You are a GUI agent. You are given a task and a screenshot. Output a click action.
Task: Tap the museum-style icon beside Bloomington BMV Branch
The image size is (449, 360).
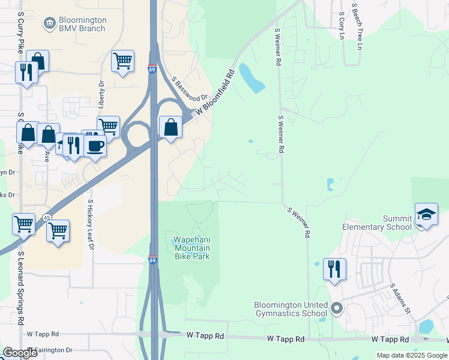click(49, 24)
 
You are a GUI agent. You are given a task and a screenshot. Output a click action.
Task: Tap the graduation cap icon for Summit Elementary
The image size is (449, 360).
click(426, 214)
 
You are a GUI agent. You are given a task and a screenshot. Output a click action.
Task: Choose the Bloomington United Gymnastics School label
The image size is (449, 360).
click(291, 309)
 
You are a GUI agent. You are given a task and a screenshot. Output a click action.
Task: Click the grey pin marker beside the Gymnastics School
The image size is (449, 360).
click(337, 309)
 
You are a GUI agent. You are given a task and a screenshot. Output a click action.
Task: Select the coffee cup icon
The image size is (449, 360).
click(95, 145)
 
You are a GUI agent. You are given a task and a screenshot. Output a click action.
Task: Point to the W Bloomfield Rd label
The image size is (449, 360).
click(214, 93)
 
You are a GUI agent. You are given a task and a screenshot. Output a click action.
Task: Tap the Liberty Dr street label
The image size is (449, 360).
click(101, 94)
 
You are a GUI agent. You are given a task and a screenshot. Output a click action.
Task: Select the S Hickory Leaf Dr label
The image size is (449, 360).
click(91, 224)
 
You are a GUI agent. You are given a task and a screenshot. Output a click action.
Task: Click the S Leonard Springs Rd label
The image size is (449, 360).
click(21, 284)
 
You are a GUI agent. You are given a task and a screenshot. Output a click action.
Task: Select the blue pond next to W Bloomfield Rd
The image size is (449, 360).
click(252, 78)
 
